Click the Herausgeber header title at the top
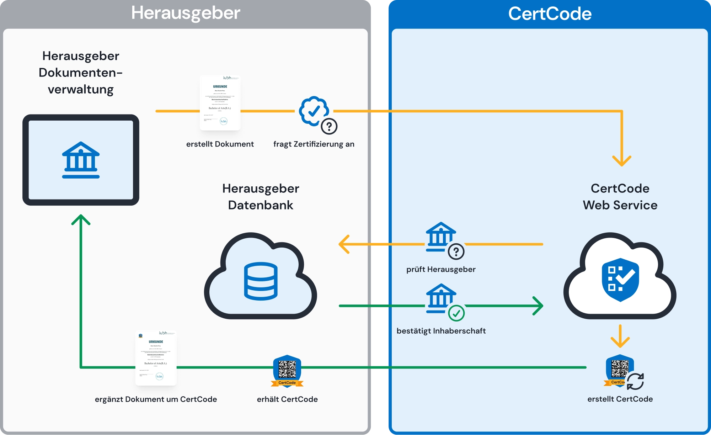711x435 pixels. click(x=186, y=13)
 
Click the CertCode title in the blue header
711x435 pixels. click(x=550, y=14)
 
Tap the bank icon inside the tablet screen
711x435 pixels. click(x=81, y=160)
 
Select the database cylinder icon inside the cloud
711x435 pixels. click(x=261, y=281)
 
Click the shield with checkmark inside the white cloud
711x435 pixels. click(x=620, y=280)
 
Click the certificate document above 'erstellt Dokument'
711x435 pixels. click(x=220, y=103)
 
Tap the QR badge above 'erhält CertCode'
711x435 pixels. click(x=287, y=370)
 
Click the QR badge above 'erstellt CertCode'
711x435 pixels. click(x=620, y=370)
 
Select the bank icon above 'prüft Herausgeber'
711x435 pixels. click(x=441, y=236)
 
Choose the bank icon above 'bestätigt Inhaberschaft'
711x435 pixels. click(x=441, y=297)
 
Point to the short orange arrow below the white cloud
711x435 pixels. click(x=620, y=336)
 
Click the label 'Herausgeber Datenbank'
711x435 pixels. click(x=261, y=197)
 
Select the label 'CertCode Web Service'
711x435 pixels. click(x=620, y=197)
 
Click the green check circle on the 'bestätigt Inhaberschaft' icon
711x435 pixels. click(x=456, y=313)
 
